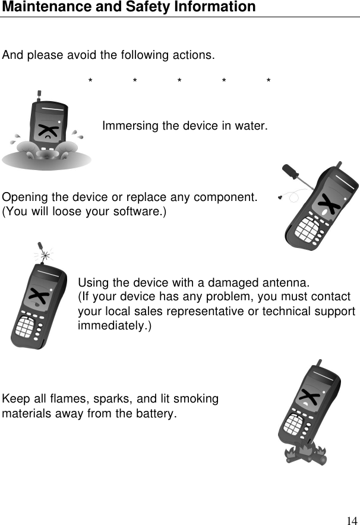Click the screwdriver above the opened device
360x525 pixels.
click(x=293, y=174)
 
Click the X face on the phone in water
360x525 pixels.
click(x=46, y=131)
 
